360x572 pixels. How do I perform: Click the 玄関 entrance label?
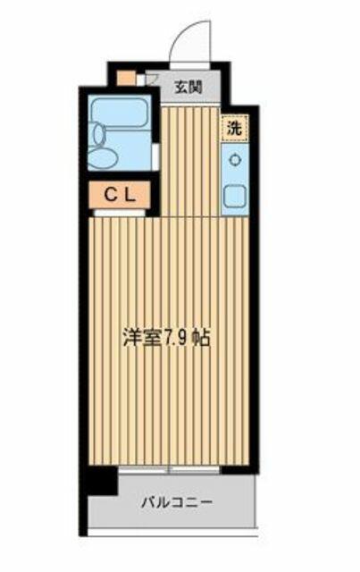point(188,88)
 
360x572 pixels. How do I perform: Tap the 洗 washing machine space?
point(235,128)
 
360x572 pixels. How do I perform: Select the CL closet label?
point(120,196)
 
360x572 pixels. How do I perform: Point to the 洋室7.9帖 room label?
point(166,338)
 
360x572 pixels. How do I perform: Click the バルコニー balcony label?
point(177,503)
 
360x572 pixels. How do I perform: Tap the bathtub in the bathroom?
point(119,113)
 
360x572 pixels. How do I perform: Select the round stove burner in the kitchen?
point(235,160)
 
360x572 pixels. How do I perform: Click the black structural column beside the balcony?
point(103,481)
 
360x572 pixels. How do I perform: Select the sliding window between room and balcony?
point(169,470)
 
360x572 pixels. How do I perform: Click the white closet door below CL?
point(120,214)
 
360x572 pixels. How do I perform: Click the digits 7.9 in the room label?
point(177,338)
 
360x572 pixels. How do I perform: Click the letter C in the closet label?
point(110,196)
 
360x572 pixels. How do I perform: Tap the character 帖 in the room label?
point(201,338)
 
